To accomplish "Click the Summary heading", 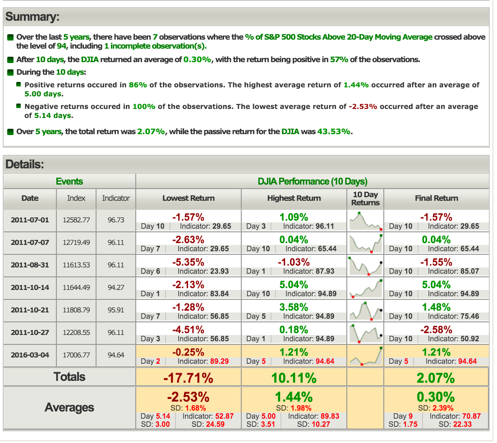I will pos(32,17).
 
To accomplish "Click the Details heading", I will pos(24,164).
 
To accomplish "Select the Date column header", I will pos(30,198).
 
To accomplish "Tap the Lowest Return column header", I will pos(189,198).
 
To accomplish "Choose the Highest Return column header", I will pos(294,198).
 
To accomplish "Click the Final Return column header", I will pos(436,198).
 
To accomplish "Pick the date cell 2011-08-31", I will pos(30,265).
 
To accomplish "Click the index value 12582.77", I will pos(76,220).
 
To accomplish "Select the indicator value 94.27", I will pos(116,288).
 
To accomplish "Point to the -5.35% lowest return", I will pos(189,262).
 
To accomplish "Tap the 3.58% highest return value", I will pos(294,307).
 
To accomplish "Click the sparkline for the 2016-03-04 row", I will pos(365,356).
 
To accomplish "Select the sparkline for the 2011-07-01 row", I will pos(365,221).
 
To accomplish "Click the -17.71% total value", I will pos(189,378).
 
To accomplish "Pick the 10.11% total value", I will pos(294,378).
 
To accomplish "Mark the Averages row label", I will pos(69,408).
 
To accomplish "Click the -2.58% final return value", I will pos(436,330).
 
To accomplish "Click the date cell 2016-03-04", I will pos(30,355).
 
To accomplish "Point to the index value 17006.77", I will pos(76,355).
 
